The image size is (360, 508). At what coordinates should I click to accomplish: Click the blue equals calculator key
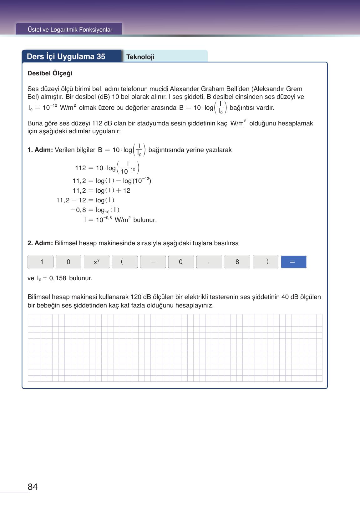(293, 262)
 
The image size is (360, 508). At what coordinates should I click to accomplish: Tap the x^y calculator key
(97, 262)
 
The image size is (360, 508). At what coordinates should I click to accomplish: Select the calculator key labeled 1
(40, 262)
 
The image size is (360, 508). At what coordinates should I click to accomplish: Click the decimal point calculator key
(209, 262)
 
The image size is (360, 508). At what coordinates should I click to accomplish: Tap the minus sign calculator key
(153, 262)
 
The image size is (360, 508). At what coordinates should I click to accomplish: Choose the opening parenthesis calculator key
(124, 262)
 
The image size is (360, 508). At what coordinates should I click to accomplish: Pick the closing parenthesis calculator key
(265, 262)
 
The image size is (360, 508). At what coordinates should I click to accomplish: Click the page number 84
(33, 487)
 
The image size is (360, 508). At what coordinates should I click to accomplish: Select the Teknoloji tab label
(140, 57)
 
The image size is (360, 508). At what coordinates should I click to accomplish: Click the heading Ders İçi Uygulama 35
(66, 57)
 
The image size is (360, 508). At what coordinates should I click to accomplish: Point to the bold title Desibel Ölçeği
(50, 73)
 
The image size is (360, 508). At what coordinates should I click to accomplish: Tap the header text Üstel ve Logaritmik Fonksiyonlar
(70, 30)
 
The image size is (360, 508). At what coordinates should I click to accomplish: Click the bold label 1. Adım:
(40, 150)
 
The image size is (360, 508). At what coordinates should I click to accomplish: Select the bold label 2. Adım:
(40, 243)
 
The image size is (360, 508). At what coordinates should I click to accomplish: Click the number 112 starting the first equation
(80, 168)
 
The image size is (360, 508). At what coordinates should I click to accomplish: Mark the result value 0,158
(58, 278)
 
